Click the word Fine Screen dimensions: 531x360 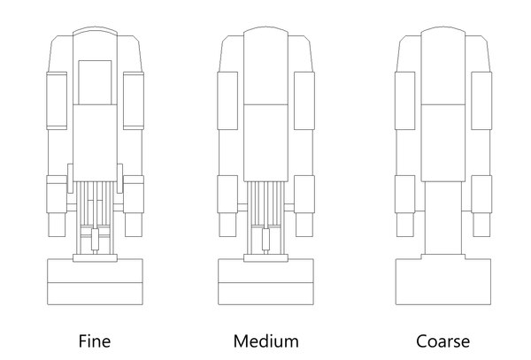[x=95, y=341]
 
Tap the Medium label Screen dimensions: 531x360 [x=265, y=341]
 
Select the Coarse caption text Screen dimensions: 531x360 [x=443, y=341]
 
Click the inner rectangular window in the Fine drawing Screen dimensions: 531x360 [x=95, y=82]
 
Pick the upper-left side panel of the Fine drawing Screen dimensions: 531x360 [x=57, y=101]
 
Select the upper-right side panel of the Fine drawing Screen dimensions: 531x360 [x=134, y=101]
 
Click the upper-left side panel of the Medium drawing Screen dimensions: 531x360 [x=227, y=101]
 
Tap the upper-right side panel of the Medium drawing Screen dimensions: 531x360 [x=304, y=101]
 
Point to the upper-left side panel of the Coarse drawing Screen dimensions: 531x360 [x=405, y=101]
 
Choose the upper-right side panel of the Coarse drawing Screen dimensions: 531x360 [x=481, y=101]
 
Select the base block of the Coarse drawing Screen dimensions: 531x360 [x=443, y=280]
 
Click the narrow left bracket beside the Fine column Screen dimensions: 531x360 [x=70, y=179]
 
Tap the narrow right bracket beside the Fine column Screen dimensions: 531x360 [x=119, y=179]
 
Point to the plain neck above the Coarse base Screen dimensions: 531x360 [x=443, y=218]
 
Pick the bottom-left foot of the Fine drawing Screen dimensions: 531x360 [x=57, y=225]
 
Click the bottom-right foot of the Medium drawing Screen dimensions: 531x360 [x=304, y=225]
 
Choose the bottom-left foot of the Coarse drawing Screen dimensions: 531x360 [x=405, y=225]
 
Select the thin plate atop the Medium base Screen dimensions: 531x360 [x=265, y=258]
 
